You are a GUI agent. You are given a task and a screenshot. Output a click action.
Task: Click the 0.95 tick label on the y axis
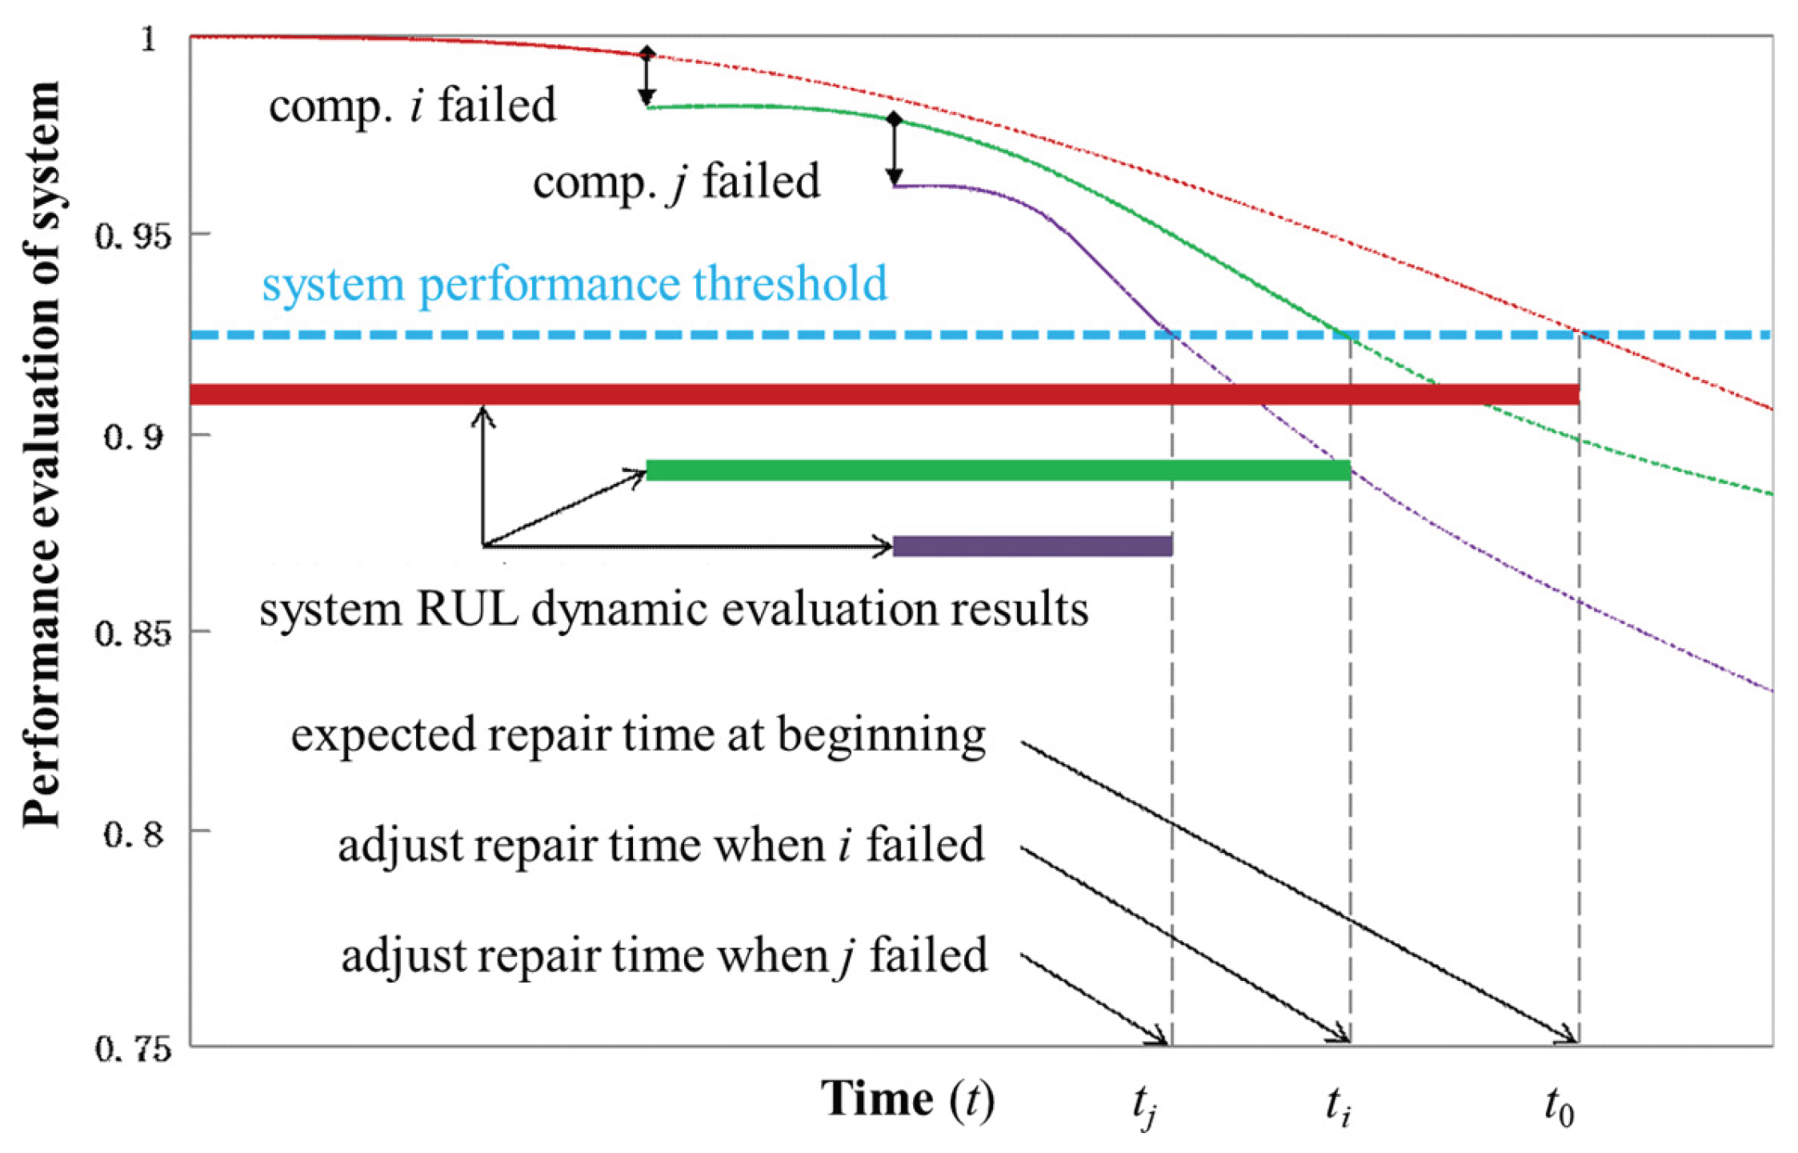(x=132, y=236)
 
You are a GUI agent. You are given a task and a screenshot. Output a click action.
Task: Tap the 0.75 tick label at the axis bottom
(x=133, y=1048)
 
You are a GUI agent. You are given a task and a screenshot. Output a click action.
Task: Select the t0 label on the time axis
(x=1559, y=1107)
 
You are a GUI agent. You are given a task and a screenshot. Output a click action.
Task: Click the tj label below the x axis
(x=1145, y=1108)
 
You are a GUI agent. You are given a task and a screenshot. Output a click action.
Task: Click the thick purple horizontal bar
(x=1032, y=546)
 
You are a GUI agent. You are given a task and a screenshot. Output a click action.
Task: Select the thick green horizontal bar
(x=997, y=470)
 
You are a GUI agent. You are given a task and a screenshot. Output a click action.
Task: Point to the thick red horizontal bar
(x=880, y=394)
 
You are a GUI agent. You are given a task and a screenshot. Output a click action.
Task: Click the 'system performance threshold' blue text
(x=575, y=284)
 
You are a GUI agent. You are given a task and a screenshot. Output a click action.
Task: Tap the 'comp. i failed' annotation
(x=412, y=106)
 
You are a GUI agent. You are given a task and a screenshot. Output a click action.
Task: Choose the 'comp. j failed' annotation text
(x=676, y=182)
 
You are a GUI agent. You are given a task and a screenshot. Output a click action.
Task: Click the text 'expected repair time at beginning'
(x=638, y=735)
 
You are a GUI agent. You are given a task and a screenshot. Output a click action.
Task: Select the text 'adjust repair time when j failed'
(x=664, y=955)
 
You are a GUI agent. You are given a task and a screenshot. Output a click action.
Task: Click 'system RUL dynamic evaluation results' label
(x=673, y=610)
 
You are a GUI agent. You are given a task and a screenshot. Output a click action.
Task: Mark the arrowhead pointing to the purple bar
(x=883, y=546)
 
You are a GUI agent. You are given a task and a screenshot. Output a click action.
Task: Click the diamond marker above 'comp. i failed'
(x=647, y=54)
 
